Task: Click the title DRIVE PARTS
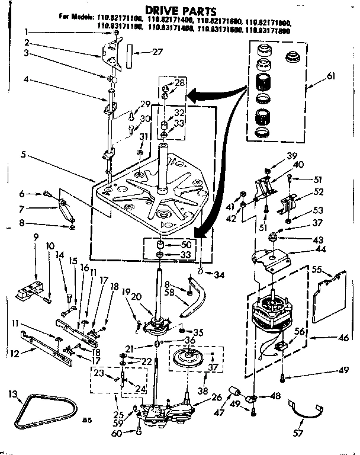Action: (178, 11)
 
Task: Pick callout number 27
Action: (157, 52)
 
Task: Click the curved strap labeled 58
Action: (195, 296)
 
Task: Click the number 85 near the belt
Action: (87, 420)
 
